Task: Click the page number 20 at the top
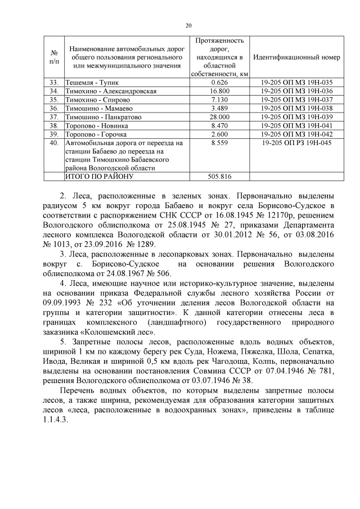coord(188,25)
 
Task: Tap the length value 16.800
coord(219,91)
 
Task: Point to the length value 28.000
coord(219,117)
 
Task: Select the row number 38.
coord(54,125)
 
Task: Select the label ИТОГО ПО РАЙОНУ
coord(99,177)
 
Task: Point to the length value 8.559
coord(219,143)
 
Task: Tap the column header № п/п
coord(54,57)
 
